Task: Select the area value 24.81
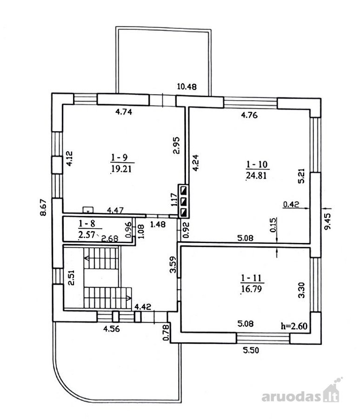tap(256, 176)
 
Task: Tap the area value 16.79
tap(251, 289)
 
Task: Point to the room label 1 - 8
tap(87, 223)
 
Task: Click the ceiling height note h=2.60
tap(294, 326)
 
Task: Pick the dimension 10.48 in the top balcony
tap(187, 87)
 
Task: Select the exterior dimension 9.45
tap(327, 221)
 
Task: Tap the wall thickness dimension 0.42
tap(291, 204)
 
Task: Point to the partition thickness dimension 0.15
tap(273, 225)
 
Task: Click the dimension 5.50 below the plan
tap(251, 350)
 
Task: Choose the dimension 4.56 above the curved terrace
tap(112, 329)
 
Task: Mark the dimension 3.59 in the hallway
tap(173, 264)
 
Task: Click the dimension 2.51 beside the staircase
tap(71, 277)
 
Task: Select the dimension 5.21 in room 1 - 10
tap(301, 176)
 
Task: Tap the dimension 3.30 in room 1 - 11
tap(301, 290)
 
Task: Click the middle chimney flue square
tap(184, 201)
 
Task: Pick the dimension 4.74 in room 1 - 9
tap(124, 112)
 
